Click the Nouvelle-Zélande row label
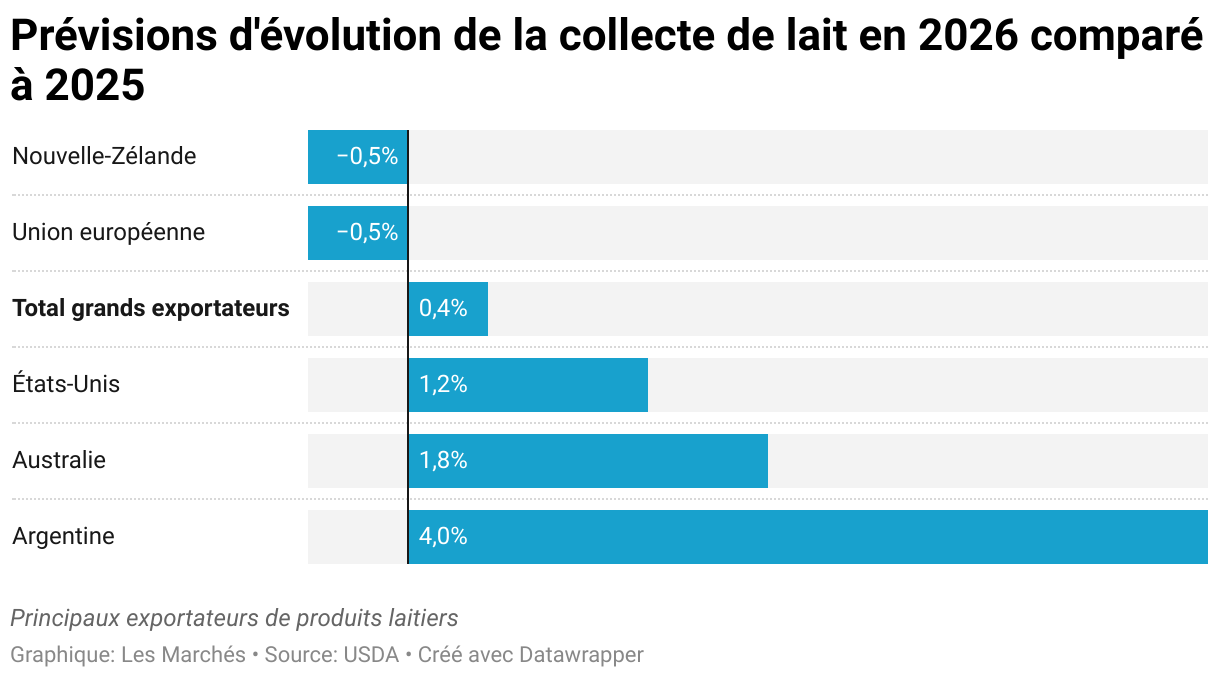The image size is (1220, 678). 104,156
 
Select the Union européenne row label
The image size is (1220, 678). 108,232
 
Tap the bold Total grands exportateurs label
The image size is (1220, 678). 150,308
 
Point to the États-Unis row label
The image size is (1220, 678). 66,384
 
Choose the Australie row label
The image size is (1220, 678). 59,460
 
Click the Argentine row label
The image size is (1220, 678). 63,536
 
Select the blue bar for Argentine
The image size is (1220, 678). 808,537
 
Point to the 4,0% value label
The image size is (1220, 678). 443,536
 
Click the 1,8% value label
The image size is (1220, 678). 443,460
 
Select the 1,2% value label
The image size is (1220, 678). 443,384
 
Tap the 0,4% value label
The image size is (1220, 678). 443,308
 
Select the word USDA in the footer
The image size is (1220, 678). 371,655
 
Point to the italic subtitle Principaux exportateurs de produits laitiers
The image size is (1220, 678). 234,618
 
